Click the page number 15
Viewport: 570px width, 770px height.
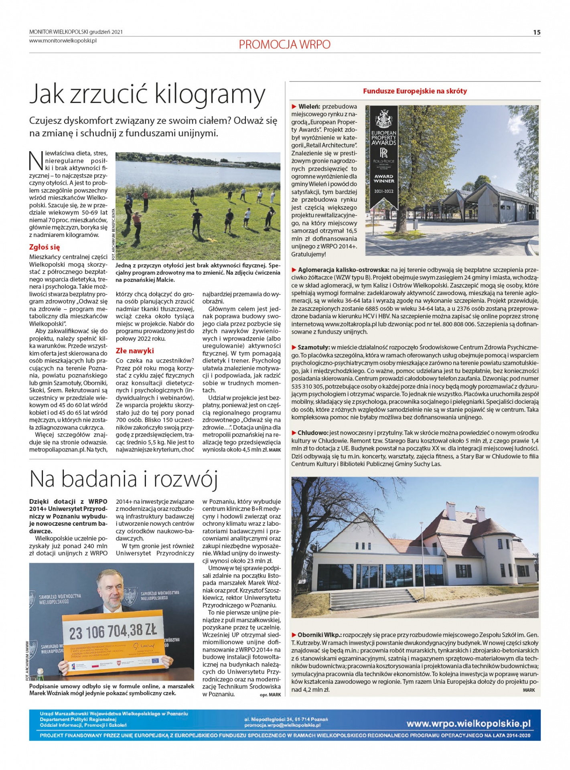pyautogui.click(x=537, y=32)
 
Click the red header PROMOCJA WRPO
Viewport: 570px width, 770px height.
pyautogui.click(x=284, y=45)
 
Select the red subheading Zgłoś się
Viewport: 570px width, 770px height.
pyautogui.click(x=45, y=247)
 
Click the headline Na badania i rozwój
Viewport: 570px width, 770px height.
pyautogui.click(x=124, y=479)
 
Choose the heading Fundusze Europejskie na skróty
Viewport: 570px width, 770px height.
pyautogui.click(x=415, y=91)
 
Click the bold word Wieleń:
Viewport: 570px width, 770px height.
pyautogui.click(x=309, y=107)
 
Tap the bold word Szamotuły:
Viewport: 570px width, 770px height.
pyautogui.click(x=313, y=347)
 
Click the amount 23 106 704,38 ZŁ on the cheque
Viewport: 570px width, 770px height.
pyautogui.click(x=113, y=632)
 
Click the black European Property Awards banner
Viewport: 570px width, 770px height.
pyautogui.click(x=383, y=156)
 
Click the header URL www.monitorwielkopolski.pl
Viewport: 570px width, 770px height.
pyautogui.click(x=63, y=41)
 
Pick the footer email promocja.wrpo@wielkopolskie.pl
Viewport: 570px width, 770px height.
pyautogui.click(x=282, y=725)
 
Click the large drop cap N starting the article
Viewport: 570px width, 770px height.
pyautogui.click(x=36, y=160)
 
